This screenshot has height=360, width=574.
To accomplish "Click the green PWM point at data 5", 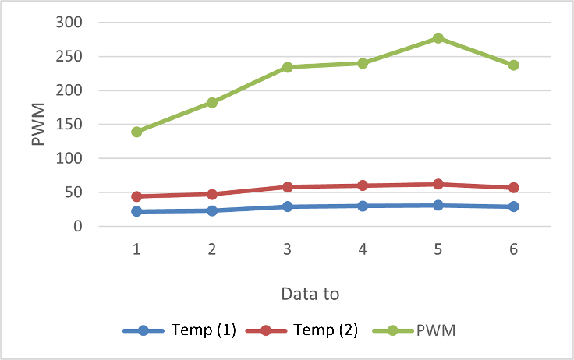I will pyautogui.click(x=438, y=38).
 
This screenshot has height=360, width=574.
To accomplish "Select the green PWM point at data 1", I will pyautogui.click(x=136, y=132).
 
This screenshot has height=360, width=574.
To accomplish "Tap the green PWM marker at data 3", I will pyautogui.click(x=288, y=67).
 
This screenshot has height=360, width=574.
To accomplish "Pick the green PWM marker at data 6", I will pyautogui.click(x=513, y=65).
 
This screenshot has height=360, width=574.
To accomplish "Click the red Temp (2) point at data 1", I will pyautogui.click(x=136, y=196).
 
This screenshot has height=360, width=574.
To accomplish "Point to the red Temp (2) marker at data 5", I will pyautogui.click(x=438, y=184).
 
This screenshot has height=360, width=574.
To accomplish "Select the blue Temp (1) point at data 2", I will pyautogui.click(x=212, y=210).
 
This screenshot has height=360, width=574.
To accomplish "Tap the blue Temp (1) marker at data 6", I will pyautogui.click(x=513, y=206).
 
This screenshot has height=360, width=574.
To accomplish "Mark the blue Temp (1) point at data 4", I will pyautogui.click(x=363, y=206).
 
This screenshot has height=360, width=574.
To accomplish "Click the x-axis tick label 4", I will pyautogui.click(x=363, y=249).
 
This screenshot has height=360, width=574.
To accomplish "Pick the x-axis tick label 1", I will pyautogui.click(x=136, y=249).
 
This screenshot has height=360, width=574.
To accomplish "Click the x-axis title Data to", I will pyautogui.click(x=310, y=294).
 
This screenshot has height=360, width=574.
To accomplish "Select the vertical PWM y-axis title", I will pyautogui.click(x=38, y=124).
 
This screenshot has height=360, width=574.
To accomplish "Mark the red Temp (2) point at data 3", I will pyautogui.click(x=288, y=187).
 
